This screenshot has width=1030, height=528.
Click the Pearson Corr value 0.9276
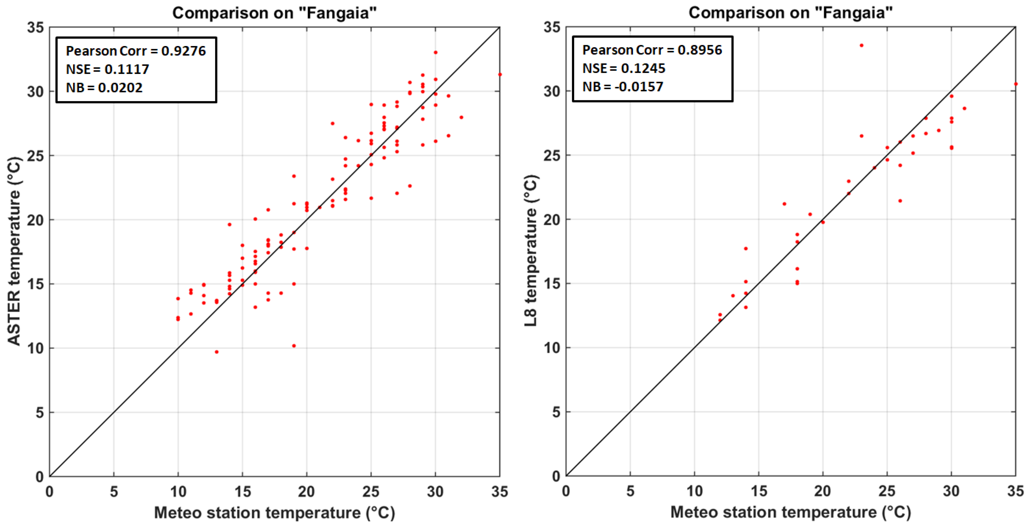coord(183,51)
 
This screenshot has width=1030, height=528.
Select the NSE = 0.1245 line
coord(623,68)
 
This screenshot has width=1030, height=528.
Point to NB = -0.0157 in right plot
coord(623,87)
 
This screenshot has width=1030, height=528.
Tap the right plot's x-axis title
coord(790,512)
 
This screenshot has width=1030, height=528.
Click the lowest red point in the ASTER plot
coord(216,352)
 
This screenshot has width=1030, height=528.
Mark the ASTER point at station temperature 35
coord(499,75)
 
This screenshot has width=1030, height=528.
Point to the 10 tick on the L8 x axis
coord(694,491)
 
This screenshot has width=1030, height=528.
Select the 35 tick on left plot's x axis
coord(499,492)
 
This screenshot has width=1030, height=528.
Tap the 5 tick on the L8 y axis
coord(556,412)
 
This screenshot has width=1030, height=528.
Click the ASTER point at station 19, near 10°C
coord(294,346)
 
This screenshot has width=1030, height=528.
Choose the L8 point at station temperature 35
coord(1016,84)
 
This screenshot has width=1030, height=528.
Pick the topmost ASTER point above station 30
coord(435,53)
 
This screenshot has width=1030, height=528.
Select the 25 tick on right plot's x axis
coord(887,491)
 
